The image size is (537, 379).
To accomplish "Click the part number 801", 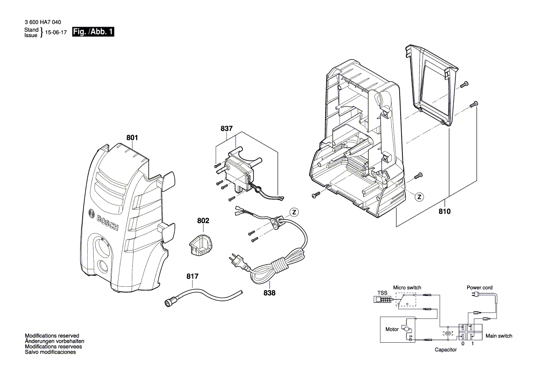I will tap(132, 137).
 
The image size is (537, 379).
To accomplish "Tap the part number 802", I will tap(203, 221).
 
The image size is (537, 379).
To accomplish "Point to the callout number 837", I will tap(226, 129).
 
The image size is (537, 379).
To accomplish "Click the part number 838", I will tap(270, 293).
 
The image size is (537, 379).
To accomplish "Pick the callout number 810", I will tap(445, 212).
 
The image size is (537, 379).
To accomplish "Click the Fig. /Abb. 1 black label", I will tap(93, 33).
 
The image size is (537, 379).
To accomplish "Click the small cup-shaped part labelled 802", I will tap(198, 244).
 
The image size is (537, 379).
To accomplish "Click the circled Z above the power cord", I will tap(294, 212).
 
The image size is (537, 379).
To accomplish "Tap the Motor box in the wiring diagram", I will tap(398, 329).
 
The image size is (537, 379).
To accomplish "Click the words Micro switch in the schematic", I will tap(407, 287).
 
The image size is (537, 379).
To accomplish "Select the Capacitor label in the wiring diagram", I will tap(446, 350).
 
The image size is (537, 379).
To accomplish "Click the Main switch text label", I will tap(499, 336).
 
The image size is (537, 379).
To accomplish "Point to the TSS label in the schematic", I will tap(382, 293).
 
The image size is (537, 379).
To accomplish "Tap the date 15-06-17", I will tap(57, 33).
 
